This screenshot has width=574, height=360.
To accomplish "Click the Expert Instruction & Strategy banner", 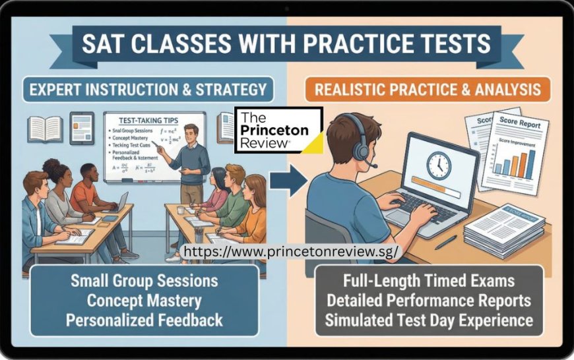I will click(148, 89).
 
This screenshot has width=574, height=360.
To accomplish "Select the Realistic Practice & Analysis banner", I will click(427, 89).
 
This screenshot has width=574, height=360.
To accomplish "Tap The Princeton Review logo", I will click(278, 130).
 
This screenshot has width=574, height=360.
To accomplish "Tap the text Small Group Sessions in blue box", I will click(144, 281).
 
